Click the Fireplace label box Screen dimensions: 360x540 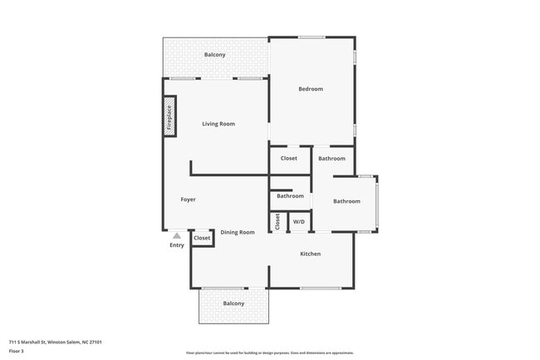(x=169, y=116)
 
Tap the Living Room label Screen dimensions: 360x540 (x=218, y=124)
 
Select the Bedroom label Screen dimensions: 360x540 (x=311, y=89)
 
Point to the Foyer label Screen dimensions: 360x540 (x=188, y=200)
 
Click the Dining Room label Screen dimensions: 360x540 (x=238, y=232)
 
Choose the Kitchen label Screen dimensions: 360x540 (x=310, y=254)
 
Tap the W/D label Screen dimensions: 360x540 (x=298, y=222)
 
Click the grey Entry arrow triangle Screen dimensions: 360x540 (x=176, y=236)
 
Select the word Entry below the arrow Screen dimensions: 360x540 (x=177, y=245)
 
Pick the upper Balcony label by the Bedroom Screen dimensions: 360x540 (x=215, y=55)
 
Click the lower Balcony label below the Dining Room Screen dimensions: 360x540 (x=233, y=303)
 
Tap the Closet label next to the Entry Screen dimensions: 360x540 (x=202, y=239)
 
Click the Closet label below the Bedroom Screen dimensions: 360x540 (x=288, y=158)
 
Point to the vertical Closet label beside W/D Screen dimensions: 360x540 (x=277, y=222)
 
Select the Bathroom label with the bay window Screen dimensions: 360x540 (x=346, y=201)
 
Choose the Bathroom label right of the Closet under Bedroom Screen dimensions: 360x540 (x=331, y=158)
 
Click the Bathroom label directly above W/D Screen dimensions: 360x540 (x=290, y=196)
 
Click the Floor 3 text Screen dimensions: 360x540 (x=17, y=351)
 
